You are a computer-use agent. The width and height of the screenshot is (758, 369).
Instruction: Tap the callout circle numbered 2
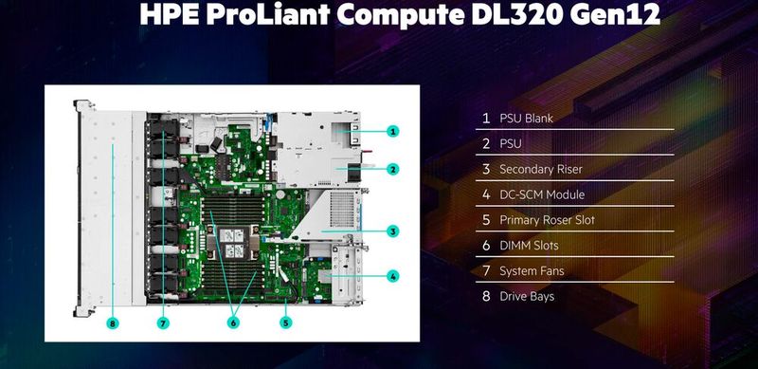point(392,169)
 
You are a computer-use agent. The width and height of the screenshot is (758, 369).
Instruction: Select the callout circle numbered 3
point(392,231)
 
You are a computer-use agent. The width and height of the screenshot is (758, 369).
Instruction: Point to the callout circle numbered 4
point(392,277)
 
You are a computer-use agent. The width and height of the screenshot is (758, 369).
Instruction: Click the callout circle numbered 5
point(285,323)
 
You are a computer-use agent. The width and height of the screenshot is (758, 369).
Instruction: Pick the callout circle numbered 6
point(231,323)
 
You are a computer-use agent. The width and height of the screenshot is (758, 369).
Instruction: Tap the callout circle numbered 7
point(163,323)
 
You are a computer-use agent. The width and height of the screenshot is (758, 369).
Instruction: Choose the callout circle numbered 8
point(113,323)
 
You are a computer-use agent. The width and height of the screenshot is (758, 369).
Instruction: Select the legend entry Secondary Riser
point(540,170)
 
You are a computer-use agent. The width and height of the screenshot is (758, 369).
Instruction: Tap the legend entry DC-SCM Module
point(542,194)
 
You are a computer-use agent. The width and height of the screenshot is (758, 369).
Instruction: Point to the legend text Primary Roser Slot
point(547,220)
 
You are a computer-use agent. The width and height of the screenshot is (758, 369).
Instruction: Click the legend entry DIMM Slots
point(529,246)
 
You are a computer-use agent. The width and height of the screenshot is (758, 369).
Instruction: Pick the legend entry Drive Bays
point(527,297)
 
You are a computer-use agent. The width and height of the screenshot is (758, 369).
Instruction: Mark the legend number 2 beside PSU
point(486,144)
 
